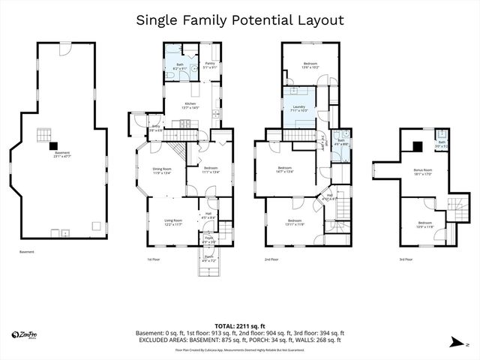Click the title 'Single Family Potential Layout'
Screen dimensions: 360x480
(x=240, y=19)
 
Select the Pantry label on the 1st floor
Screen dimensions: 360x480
(x=210, y=65)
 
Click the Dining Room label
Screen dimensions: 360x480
(x=163, y=171)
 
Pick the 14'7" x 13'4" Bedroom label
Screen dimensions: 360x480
(x=285, y=169)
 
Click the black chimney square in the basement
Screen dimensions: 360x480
(x=45, y=136)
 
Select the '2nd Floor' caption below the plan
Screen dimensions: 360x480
(x=271, y=259)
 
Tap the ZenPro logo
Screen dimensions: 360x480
(x=26, y=334)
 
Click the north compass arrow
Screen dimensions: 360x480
(x=457, y=343)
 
